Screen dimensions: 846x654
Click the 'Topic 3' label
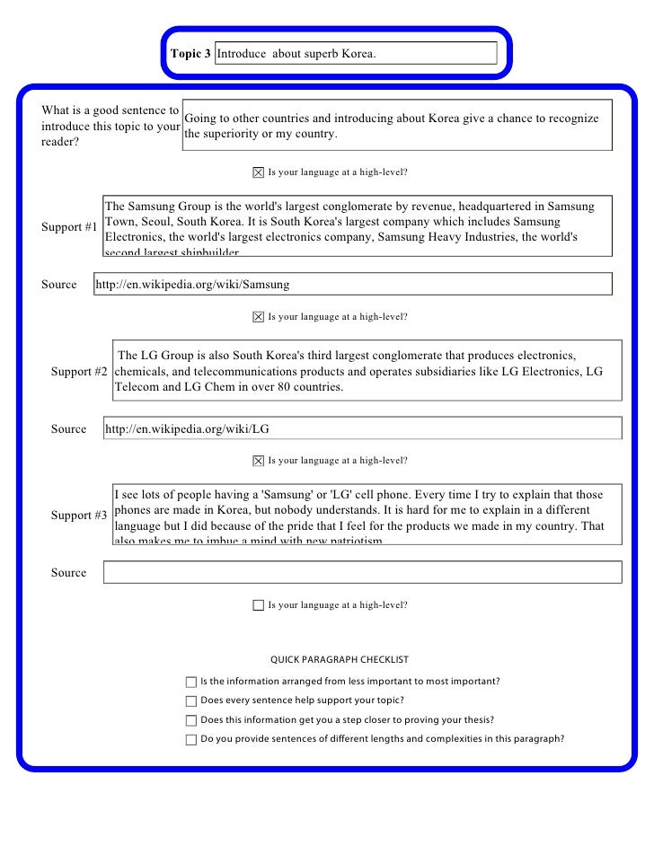(x=190, y=54)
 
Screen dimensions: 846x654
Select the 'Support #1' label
(x=69, y=226)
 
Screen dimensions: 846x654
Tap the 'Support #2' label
(x=79, y=371)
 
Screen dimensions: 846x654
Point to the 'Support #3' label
(x=79, y=516)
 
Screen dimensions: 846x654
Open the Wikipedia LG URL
(x=187, y=429)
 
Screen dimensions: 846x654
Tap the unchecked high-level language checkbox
(x=259, y=605)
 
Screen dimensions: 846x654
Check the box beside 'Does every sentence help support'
(x=190, y=701)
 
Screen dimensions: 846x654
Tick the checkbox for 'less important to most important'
(x=190, y=682)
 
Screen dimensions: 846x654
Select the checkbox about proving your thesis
(x=190, y=720)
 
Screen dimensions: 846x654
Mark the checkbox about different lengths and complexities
(x=190, y=740)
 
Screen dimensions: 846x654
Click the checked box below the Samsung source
(x=259, y=317)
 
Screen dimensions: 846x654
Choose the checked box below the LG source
(x=259, y=461)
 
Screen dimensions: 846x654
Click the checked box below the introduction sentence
(x=259, y=172)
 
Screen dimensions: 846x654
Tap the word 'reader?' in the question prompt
(x=60, y=142)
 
